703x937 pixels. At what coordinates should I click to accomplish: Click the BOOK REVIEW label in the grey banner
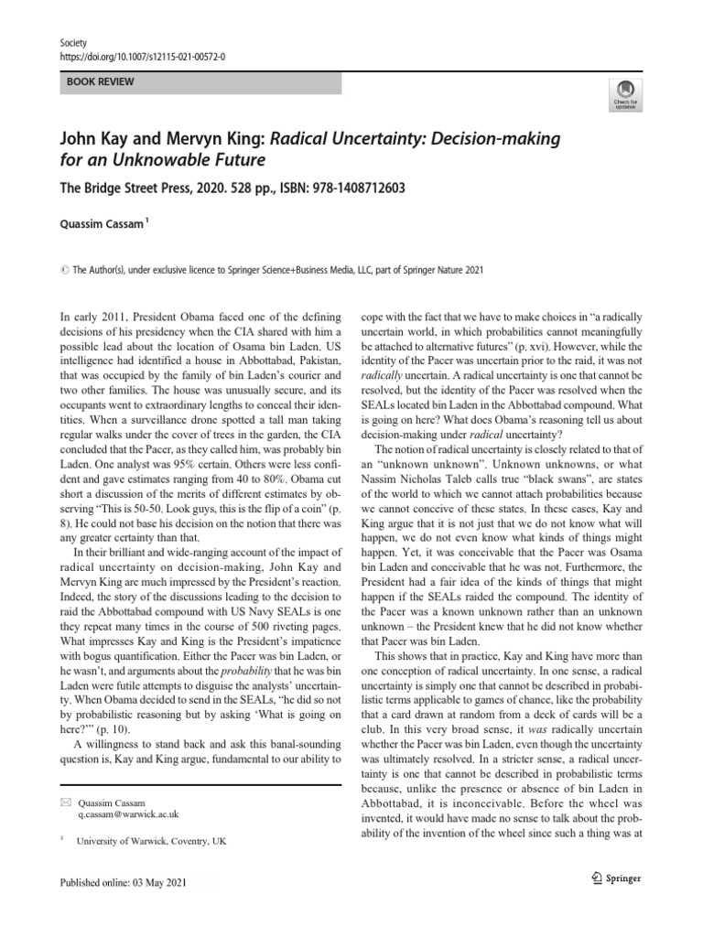click(x=101, y=82)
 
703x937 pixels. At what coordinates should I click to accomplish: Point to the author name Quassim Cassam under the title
click(x=100, y=221)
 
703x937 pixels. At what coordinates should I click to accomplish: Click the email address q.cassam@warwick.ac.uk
click(x=128, y=813)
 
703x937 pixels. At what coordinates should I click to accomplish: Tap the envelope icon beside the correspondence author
click(x=64, y=801)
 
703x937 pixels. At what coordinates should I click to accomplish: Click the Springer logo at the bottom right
click(x=612, y=879)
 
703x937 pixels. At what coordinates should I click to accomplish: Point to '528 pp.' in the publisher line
click(x=246, y=188)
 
